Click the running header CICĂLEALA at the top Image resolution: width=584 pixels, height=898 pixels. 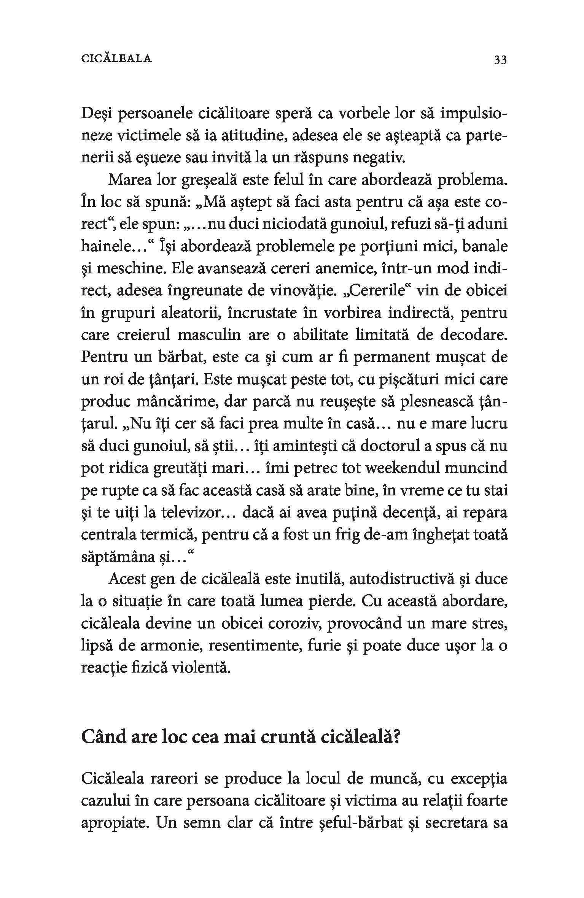(116, 59)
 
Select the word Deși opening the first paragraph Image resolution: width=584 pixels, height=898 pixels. (95, 114)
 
